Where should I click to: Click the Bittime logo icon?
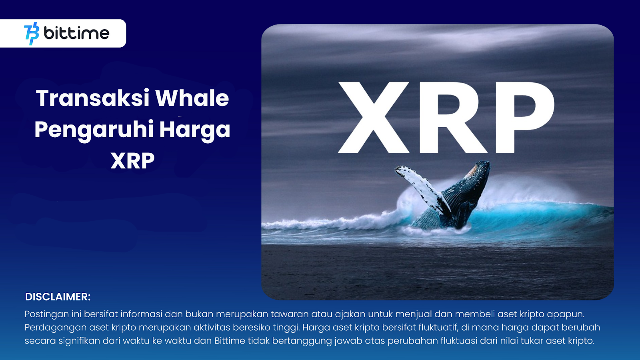32,34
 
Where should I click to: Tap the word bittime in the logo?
76,33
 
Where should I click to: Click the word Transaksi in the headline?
92,98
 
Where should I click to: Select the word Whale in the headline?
192,98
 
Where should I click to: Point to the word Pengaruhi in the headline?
94,130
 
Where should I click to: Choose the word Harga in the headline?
194,130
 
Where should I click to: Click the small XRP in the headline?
132,161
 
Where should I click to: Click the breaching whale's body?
457,200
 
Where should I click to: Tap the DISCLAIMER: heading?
58,297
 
